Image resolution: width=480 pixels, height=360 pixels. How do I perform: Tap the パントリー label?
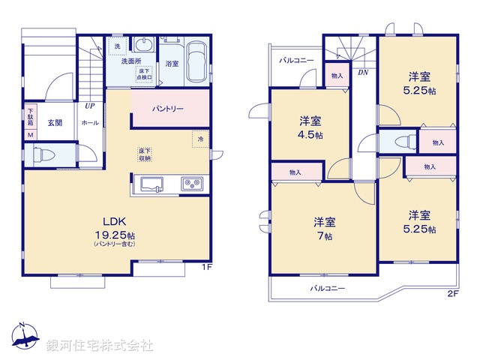pos(168,109)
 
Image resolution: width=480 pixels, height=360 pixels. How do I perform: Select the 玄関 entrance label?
pos(55,121)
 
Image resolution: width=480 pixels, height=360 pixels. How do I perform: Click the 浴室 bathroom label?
pos(172,64)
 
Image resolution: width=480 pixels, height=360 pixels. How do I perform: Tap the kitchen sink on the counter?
pos(152,183)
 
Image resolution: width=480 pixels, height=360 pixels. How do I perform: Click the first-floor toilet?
pos(42,155)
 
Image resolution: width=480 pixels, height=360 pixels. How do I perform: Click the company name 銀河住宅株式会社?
pos(99,346)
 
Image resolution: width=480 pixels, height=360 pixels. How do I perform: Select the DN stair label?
pos(363,72)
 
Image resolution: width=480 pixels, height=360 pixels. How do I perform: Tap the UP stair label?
pos(89,106)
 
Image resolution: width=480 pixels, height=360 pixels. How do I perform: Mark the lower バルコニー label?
pos(328,288)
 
